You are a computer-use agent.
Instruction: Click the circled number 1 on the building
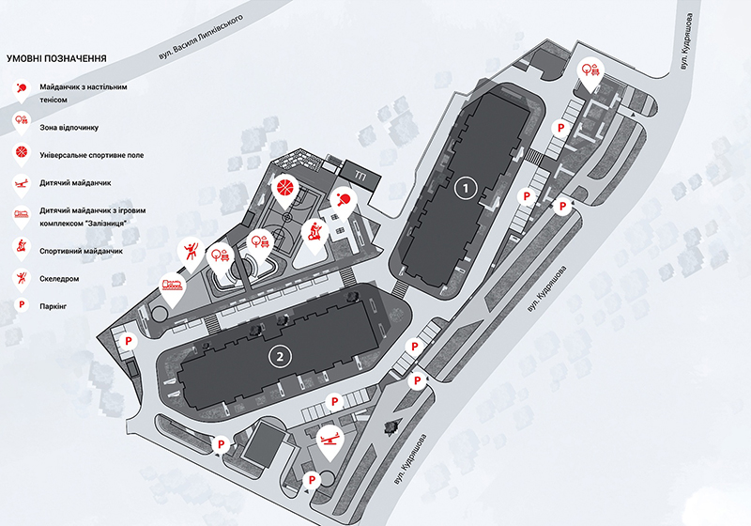(x=465, y=188)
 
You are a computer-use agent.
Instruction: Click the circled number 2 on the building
(x=280, y=356)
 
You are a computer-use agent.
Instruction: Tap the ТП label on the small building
(x=360, y=175)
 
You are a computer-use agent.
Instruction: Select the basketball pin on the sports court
(x=284, y=189)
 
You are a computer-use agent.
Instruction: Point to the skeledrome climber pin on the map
(x=191, y=254)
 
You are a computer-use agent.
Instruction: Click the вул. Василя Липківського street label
(x=200, y=37)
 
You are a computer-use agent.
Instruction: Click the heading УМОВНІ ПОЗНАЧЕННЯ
(x=56, y=58)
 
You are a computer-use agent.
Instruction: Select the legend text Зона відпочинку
(x=69, y=128)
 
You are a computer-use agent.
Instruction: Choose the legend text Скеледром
(x=59, y=278)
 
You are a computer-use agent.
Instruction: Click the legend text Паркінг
(x=54, y=305)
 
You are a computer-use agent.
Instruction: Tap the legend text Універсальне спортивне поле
(x=91, y=155)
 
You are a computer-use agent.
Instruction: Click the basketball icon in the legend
(x=22, y=152)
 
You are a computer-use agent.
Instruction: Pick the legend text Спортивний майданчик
(x=81, y=251)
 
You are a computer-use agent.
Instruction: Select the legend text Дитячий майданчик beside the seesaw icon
(x=75, y=182)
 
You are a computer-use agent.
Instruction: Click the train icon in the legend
(x=22, y=212)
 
